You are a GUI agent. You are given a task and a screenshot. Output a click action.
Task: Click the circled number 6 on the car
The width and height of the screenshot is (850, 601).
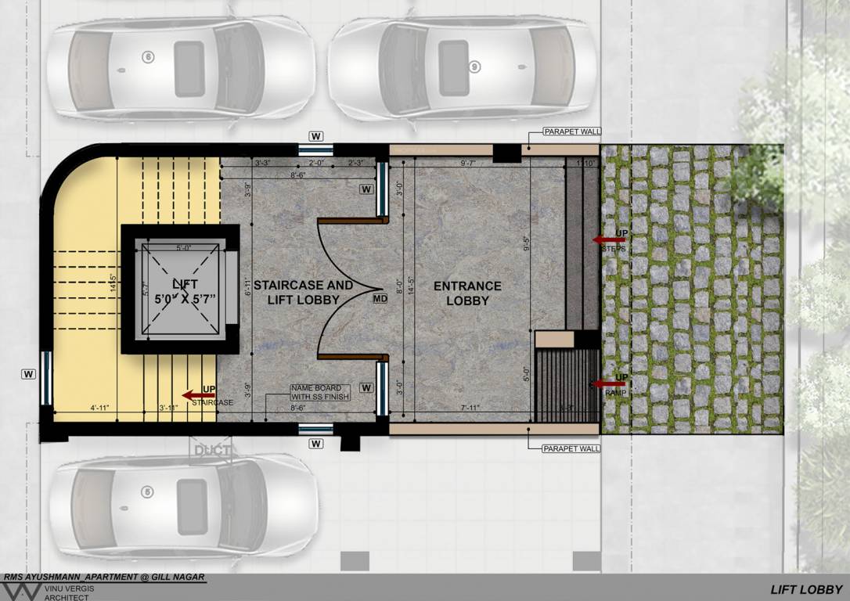(x=147, y=56)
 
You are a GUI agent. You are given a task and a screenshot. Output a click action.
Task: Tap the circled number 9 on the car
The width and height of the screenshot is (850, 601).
(x=474, y=67)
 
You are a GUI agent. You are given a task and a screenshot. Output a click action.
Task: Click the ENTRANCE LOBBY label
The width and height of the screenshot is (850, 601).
(x=467, y=293)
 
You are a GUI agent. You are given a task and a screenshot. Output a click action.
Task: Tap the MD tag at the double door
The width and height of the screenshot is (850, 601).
(x=380, y=298)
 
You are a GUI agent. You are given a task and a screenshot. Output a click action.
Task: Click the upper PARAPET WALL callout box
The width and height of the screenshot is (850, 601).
(x=572, y=133)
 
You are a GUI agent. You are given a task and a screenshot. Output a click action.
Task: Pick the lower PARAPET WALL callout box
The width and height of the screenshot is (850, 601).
(x=572, y=448)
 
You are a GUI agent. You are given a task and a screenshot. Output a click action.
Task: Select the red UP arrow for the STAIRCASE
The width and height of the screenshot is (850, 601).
(x=190, y=395)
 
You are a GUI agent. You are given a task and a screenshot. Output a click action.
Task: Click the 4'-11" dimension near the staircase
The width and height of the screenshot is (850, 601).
(x=103, y=407)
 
